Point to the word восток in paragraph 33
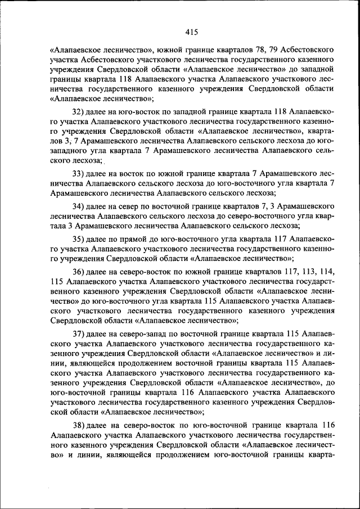click(129, 173)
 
